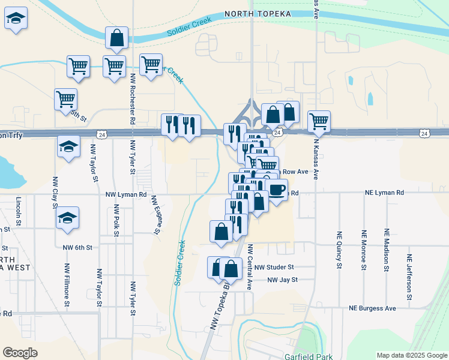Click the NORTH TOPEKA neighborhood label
coord(258,14)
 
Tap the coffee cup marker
coord(277,190)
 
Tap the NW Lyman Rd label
coord(126,194)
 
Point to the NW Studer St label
coord(274,267)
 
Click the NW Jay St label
coord(282,280)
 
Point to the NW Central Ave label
coord(250,266)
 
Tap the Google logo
coord(20,353)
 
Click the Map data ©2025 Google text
coord(411,355)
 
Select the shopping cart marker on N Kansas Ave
coord(319,122)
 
